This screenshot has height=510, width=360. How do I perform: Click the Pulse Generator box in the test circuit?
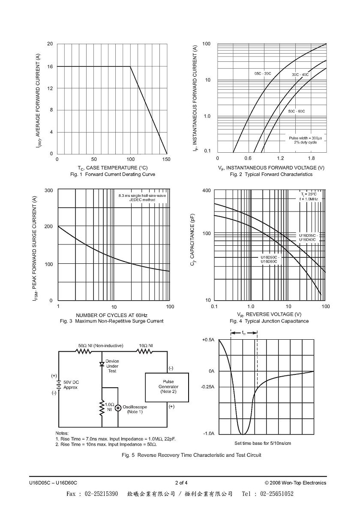coord(167,387)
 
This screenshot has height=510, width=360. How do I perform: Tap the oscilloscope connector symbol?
coord(117,407)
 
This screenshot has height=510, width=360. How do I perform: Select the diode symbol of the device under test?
coord(102,364)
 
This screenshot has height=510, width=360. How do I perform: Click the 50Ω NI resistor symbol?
coord(84,351)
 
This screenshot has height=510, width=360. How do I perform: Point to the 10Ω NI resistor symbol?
coord(144,351)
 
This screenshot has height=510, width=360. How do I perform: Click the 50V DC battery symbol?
coord(59,386)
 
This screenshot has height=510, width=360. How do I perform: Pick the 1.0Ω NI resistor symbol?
coord(102,408)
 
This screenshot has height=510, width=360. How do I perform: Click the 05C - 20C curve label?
coord(263,74)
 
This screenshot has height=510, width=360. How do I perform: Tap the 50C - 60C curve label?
coord(297,112)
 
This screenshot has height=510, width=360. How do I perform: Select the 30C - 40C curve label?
coord(300,75)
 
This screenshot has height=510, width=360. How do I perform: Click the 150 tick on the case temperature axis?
coord(166,160)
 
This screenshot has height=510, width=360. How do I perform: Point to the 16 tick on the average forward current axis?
coord(50,66)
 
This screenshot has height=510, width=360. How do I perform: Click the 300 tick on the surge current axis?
coord(49,190)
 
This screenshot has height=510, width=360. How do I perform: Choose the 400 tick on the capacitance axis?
coord(206,190)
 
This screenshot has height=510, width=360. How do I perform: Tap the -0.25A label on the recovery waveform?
coord(207,387)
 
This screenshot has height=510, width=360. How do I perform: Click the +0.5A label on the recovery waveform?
coord(208,340)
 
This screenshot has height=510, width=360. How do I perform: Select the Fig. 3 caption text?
coord(112,321)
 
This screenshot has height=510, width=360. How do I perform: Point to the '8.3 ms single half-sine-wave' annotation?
coord(142,196)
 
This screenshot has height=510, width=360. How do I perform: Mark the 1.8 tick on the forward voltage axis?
coord(311,158)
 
